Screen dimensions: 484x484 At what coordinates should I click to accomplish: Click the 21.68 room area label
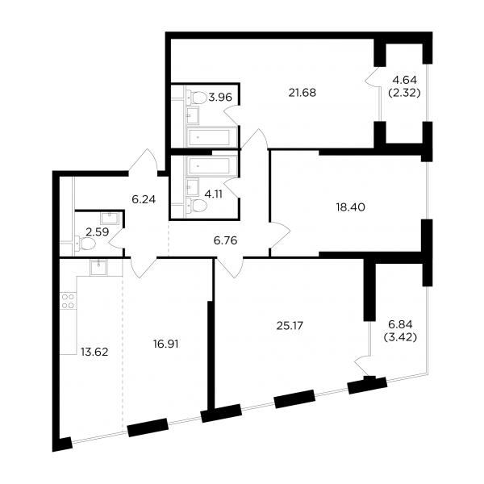[x=302, y=93]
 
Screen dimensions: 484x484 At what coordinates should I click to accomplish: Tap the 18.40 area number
[x=350, y=207]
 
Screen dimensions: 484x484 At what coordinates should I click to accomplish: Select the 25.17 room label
[x=290, y=326]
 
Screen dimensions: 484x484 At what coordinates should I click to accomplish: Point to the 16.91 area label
[x=165, y=344]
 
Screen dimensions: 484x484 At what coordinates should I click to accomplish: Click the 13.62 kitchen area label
[x=94, y=352]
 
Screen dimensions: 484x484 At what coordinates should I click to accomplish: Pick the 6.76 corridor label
[x=225, y=240]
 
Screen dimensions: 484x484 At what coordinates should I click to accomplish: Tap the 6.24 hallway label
[x=144, y=200]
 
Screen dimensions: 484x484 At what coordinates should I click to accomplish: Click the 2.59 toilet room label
[x=98, y=232]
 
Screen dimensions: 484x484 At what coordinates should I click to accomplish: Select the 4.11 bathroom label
[x=214, y=194]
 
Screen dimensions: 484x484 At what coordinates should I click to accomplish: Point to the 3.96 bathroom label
[x=220, y=98]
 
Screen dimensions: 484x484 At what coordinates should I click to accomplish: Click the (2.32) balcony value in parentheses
[x=404, y=93]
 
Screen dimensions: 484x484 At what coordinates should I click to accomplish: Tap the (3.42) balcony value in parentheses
[x=400, y=337]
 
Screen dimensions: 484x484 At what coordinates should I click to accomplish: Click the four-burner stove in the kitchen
[x=68, y=301]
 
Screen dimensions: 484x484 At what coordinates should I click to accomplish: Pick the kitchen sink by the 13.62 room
[x=98, y=267]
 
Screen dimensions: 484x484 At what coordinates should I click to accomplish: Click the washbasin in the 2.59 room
[x=109, y=219]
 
